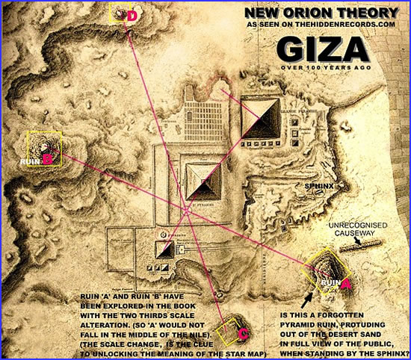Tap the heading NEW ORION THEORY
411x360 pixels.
click(x=326, y=13)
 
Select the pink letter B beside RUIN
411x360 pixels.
click(x=47, y=158)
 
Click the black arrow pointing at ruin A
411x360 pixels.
click(x=306, y=300)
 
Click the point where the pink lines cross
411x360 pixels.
click(x=184, y=207)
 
